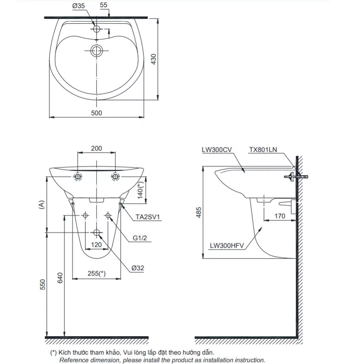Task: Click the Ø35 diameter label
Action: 78,6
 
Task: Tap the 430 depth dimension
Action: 154,59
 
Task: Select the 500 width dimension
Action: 96,113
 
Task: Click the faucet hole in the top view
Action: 97,29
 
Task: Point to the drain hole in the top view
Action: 97,51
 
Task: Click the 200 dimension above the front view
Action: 96,149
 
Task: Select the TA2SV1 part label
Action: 147,217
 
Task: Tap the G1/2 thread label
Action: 140,238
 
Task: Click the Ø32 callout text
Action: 138,268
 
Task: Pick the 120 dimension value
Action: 96,245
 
